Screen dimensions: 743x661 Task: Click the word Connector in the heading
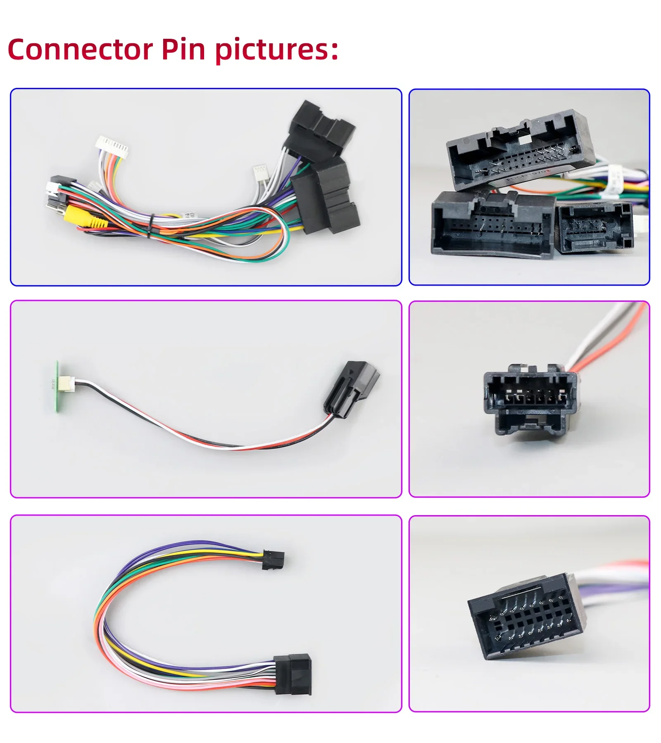(80, 50)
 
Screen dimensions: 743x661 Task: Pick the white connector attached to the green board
(66, 383)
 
